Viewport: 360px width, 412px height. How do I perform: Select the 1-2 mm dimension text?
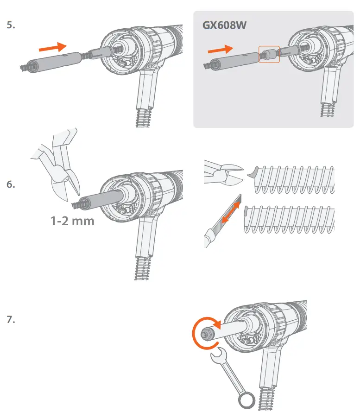tap(72, 221)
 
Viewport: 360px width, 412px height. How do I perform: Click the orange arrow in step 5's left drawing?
tap(52, 47)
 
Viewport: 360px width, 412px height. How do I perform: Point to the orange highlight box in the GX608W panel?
tap(269, 55)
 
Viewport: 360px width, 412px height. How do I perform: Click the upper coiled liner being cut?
tap(294, 180)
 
